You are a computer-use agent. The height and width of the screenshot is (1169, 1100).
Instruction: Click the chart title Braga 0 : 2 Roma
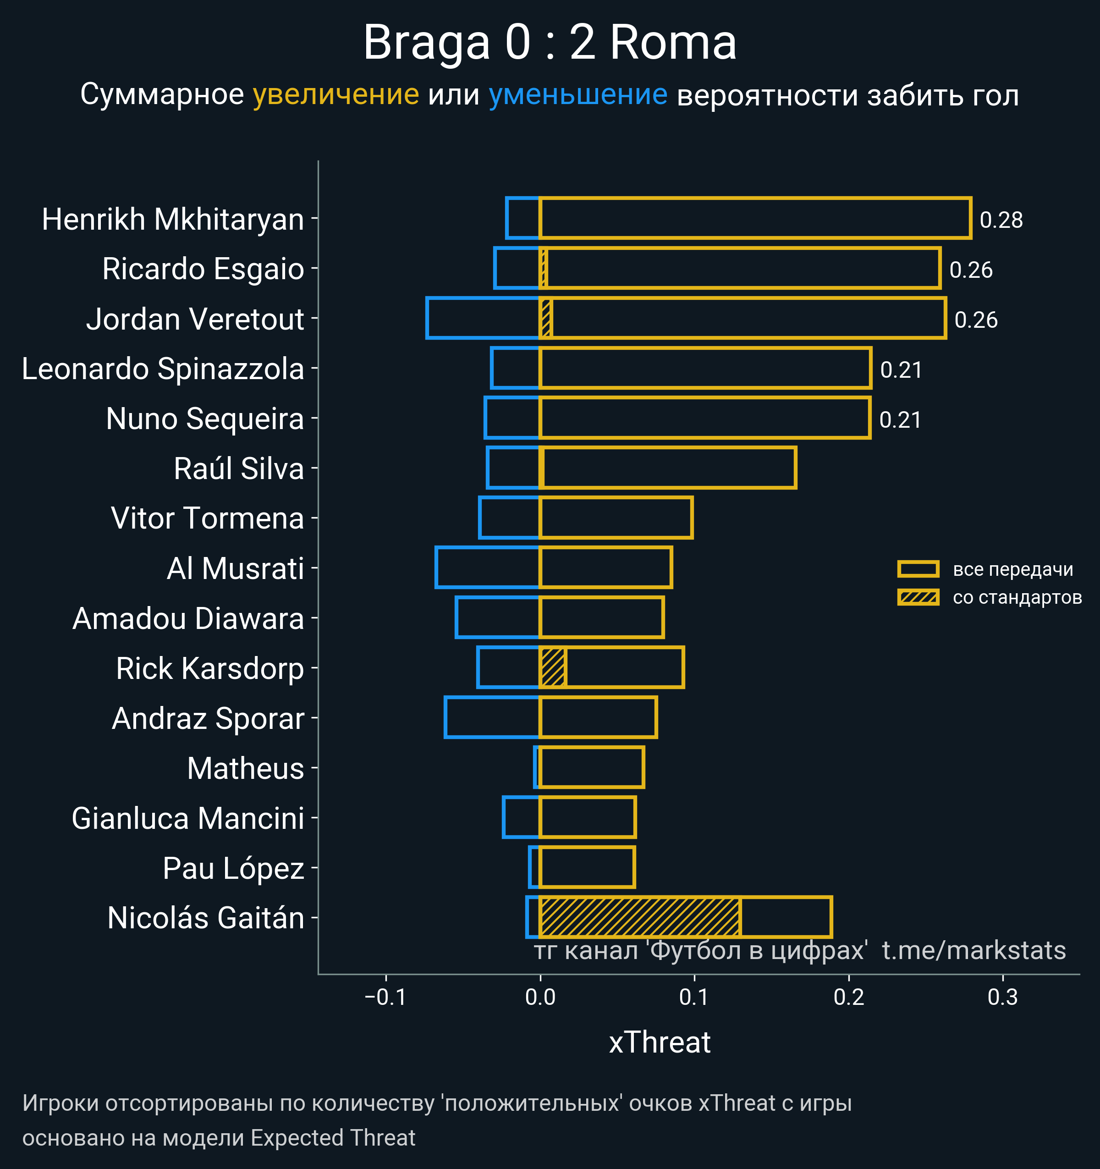[550, 42]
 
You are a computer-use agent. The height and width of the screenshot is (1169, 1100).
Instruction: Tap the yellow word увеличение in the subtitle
[335, 95]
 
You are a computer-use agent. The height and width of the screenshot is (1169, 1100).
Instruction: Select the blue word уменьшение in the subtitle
[578, 95]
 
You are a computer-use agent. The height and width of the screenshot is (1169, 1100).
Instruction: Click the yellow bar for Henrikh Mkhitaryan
[755, 219]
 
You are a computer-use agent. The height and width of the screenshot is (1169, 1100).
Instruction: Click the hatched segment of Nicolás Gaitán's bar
[640, 917]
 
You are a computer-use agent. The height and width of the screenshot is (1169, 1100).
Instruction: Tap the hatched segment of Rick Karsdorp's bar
[553, 667]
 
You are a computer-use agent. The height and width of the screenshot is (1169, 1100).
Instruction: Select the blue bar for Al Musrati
[487, 568]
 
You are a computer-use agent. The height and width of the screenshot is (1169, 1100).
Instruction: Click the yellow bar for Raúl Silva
[668, 468]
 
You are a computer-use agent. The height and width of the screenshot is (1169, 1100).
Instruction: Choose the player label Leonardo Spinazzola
[163, 369]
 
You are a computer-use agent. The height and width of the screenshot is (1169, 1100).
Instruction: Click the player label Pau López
[233, 868]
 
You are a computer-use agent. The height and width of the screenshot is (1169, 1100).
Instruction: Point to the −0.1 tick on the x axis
[385, 997]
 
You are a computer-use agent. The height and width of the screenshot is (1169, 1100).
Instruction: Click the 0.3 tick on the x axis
[1002, 997]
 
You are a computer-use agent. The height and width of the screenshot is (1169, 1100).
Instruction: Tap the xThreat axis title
[660, 1042]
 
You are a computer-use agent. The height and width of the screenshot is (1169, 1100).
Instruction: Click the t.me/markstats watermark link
[973, 951]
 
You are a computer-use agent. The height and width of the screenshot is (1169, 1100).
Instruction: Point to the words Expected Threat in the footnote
[333, 1138]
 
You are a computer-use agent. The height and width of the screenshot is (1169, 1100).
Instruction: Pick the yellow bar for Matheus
[591, 767]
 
